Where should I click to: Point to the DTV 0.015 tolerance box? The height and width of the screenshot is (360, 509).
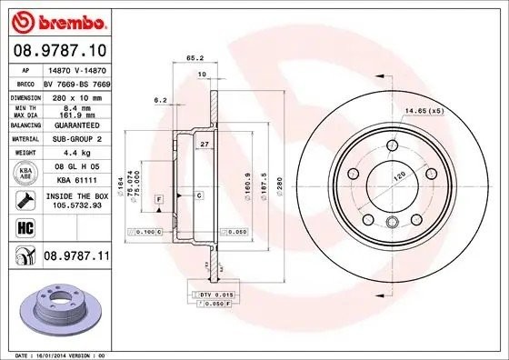215,295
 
